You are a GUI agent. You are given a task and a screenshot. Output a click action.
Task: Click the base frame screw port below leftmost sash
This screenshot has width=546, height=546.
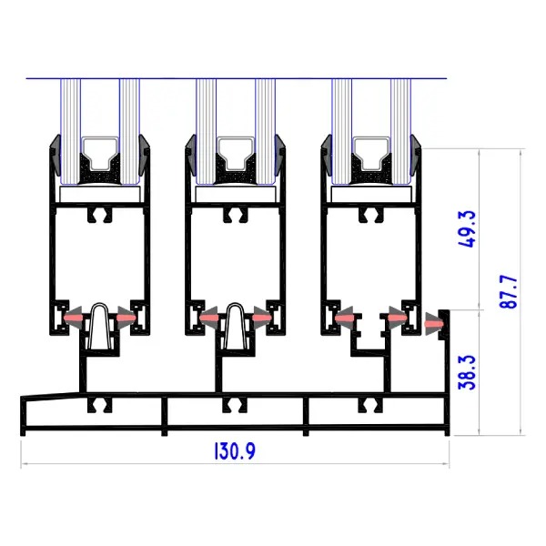[x=98, y=403]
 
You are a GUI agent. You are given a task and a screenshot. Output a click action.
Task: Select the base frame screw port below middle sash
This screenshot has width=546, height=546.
[x=234, y=403]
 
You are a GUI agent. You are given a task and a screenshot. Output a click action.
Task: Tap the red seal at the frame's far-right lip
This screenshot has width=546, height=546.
[x=432, y=319]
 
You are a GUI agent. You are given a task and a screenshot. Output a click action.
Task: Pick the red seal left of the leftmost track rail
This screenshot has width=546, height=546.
[x=76, y=318]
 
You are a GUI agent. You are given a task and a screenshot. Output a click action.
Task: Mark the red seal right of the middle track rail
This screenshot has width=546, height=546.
[x=260, y=318]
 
